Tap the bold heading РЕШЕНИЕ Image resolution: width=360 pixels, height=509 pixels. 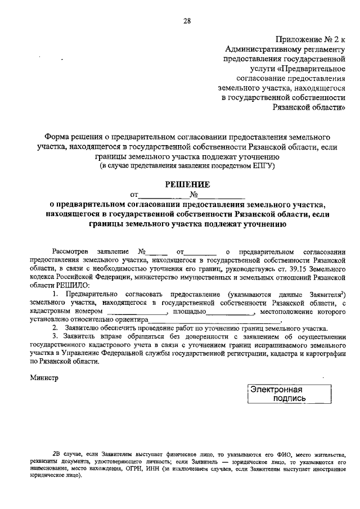coord(187,184)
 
